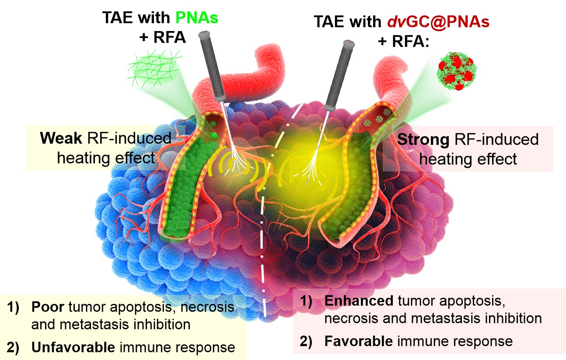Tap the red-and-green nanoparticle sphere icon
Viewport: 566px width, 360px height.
456,72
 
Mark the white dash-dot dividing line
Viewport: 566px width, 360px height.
265,245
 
